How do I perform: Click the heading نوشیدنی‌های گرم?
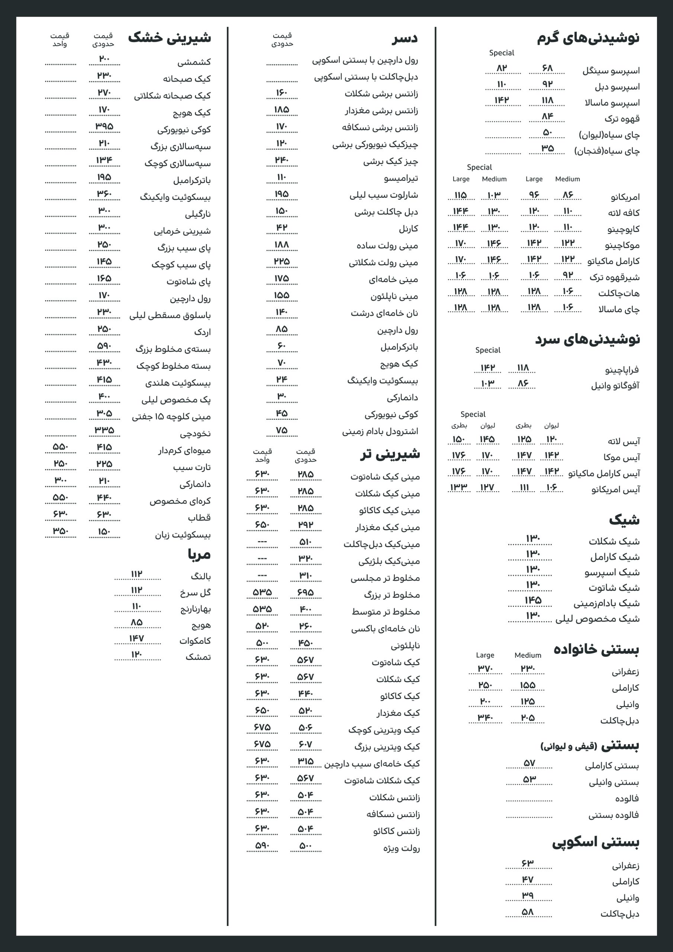(x=587, y=38)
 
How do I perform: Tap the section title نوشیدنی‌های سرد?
(x=587, y=340)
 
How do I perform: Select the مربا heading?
(x=199, y=555)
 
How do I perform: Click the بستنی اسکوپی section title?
(x=595, y=842)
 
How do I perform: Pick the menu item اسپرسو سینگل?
(x=611, y=71)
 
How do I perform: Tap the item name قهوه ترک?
(x=622, y=119)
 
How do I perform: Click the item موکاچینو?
(x=622, y=245)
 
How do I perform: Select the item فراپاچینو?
(x=622, y=370)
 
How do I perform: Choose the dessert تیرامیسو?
(x=400, y=178)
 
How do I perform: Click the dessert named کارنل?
(x=408, y=229)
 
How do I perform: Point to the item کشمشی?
(x=194, y=62)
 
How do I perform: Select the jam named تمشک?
(x=198, y=657)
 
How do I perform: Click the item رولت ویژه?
(x=402, y=848)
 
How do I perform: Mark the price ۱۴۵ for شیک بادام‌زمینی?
(x=533, y=600)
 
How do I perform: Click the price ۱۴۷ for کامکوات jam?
(x=136, y=639)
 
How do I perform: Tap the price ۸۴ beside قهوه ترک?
(x=547, y=116)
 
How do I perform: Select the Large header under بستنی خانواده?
(x=485, y=655)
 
